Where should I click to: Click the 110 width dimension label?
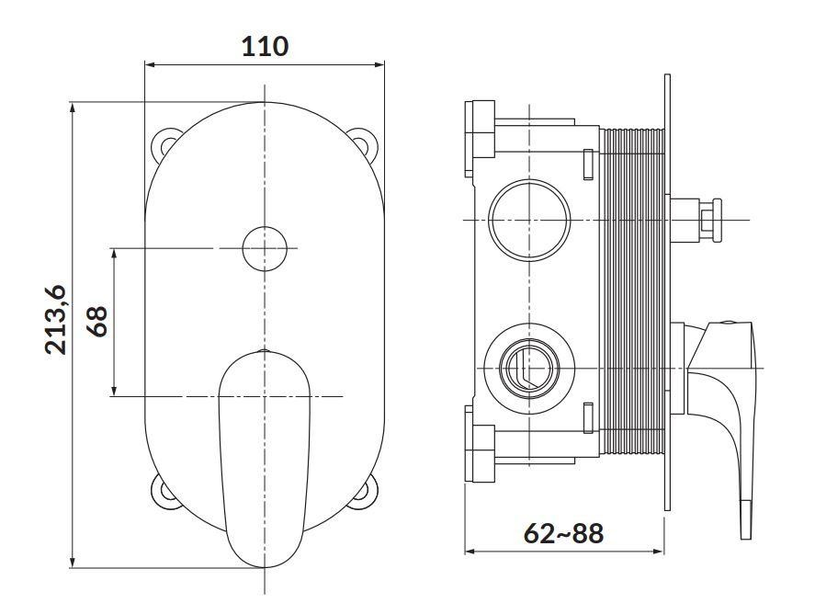coord(265,46)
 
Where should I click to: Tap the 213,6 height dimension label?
coord(56,320)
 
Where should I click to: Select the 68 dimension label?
coord(97,321)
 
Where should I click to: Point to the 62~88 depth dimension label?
coord(563,533)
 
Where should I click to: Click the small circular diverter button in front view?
coord(265,248)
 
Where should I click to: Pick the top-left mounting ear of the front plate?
coord(164,142)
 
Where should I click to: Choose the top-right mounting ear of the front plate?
coord(363,142)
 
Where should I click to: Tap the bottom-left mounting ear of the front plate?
coord(164,491)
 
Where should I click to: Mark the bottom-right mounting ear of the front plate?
coord(363,491)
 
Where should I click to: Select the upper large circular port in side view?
coord(529,220)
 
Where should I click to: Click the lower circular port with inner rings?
coord(529,369)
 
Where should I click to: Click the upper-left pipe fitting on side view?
coord(480,138)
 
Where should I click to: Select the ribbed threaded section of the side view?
coord(632,291)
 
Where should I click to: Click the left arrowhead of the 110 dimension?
coord(150,65)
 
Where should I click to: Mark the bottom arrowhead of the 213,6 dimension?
coord(73,562)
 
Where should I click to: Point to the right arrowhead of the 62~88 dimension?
coord(659,551)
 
